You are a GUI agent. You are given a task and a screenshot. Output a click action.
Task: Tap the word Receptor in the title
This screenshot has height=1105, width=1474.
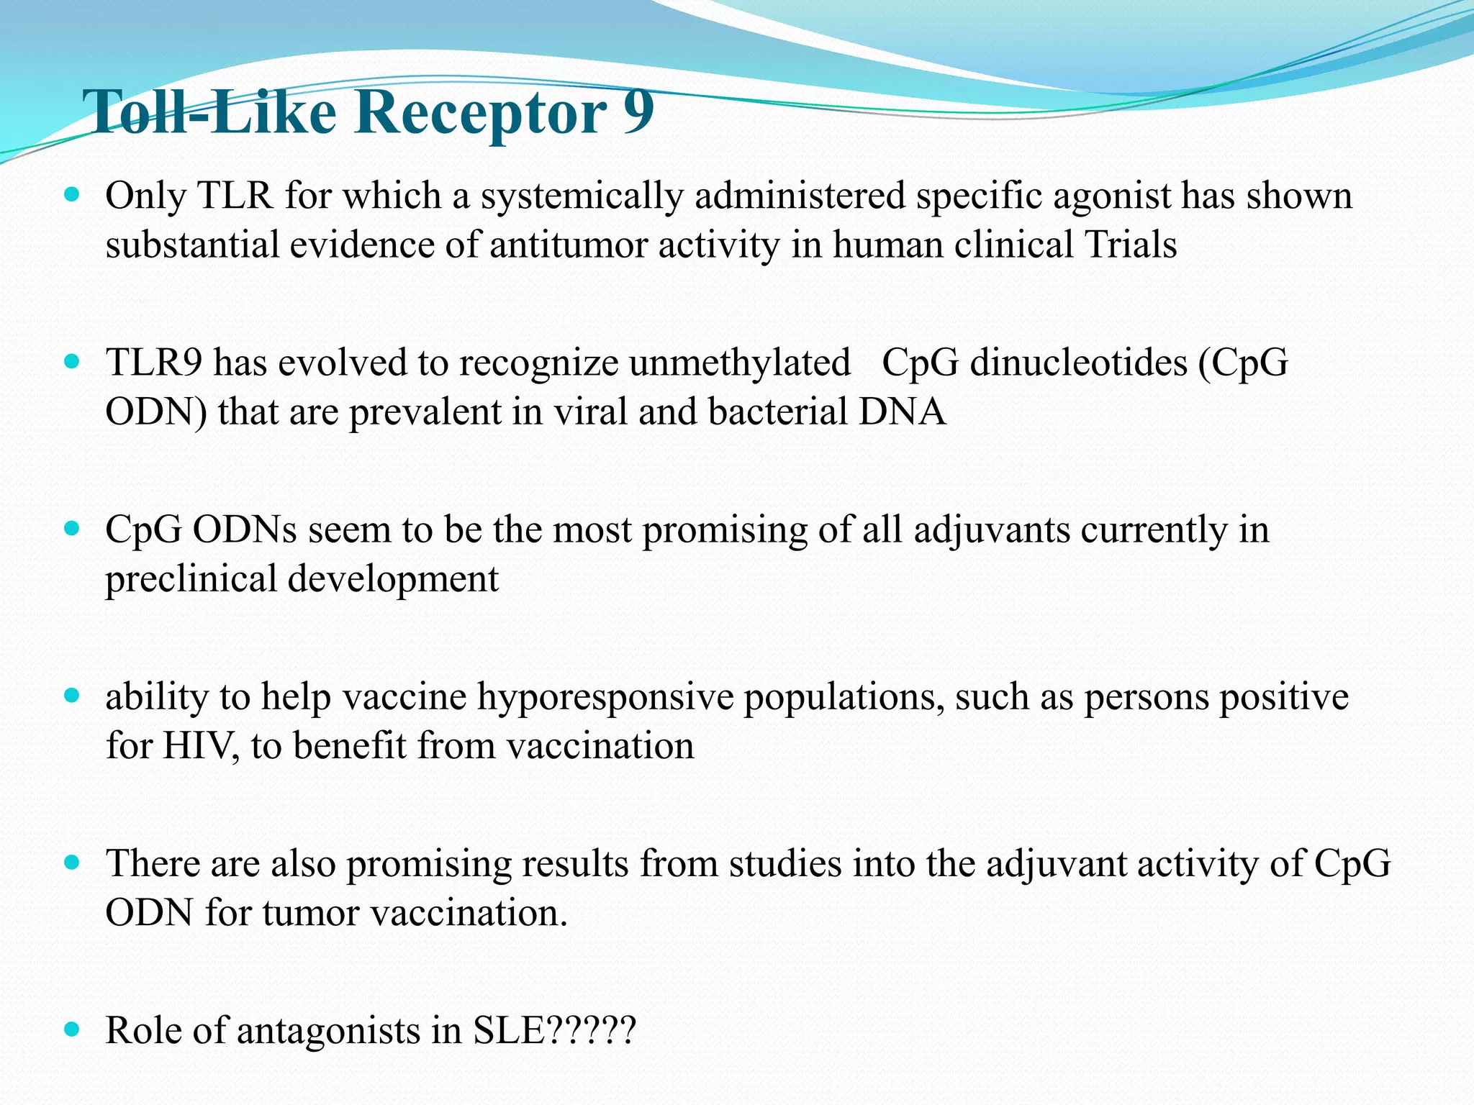click(x=480, y=113)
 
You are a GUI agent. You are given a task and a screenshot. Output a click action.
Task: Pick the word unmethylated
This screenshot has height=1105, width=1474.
click(x=739, y=363)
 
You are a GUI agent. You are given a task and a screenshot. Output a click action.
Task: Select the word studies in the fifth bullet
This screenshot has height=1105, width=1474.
click(x=785, y=863)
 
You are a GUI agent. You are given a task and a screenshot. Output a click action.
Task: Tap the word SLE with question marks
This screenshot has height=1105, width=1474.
click(x=554, y=1030)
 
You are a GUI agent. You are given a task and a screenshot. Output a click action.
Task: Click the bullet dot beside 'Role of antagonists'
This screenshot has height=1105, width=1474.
click(x=71, y=1029)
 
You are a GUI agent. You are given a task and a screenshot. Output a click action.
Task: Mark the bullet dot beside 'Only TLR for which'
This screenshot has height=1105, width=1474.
click(x=71, y=194)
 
